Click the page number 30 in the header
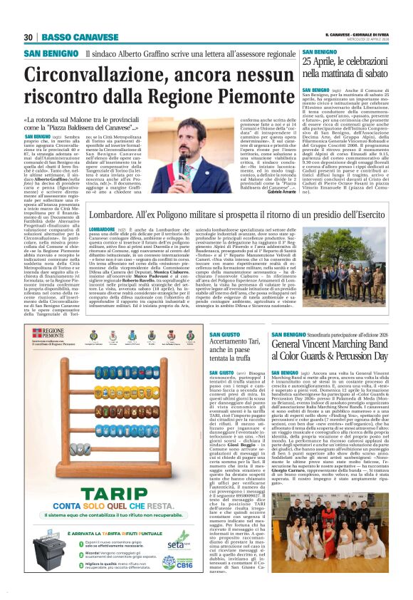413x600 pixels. point(28,37)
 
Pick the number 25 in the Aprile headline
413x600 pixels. point(308,62)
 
